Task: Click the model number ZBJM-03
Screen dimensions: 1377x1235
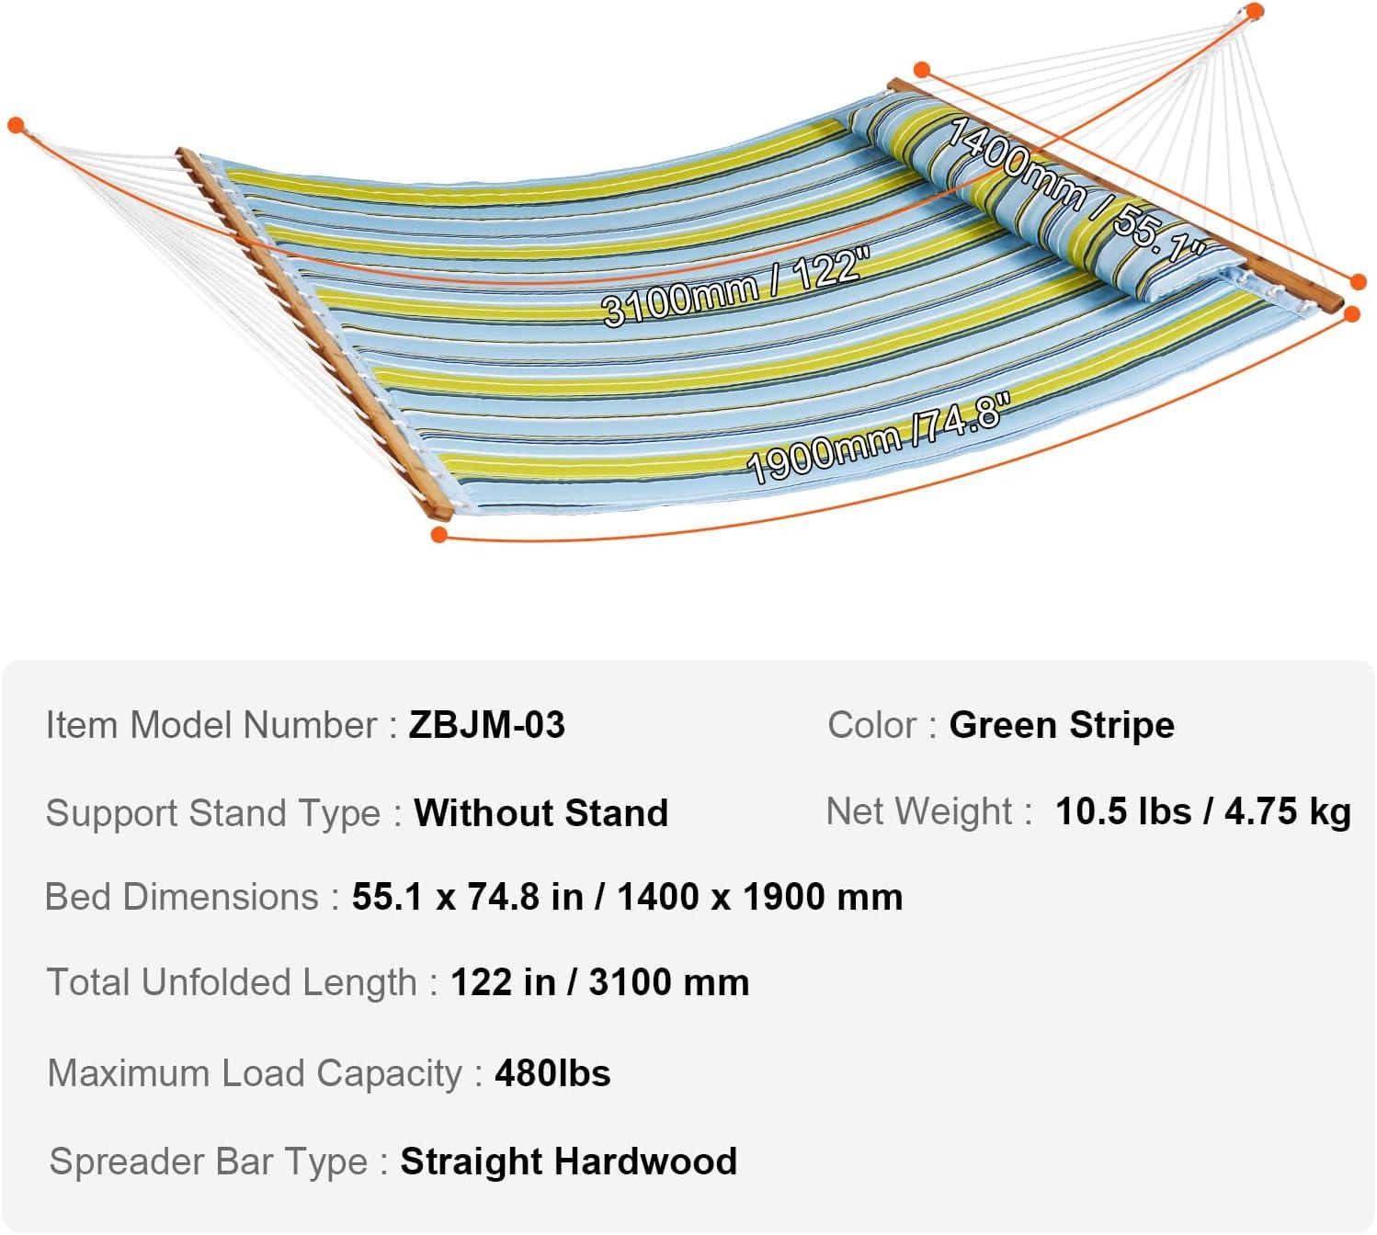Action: (x=486, y=725)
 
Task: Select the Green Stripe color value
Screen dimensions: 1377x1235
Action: (x=1062, y=725)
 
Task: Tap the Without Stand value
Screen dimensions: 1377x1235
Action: (x=541, y=812)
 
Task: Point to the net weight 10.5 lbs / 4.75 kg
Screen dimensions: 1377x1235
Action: (x=1203, y=811)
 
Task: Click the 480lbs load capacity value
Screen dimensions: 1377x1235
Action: (x=552, y=1073)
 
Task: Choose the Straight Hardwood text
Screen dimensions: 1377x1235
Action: (x=569, y=1161)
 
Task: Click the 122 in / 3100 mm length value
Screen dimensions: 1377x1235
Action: (x=600, y=982)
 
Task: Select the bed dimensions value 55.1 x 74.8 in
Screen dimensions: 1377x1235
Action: (x=468, y=897)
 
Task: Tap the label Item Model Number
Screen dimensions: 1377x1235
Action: (x=211, y=725)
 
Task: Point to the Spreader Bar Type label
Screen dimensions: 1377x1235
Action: (x=209, y=1161)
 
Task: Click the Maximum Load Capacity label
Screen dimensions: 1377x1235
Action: (x=255, y=1074)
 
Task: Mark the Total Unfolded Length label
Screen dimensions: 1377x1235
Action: (x=232, y=982)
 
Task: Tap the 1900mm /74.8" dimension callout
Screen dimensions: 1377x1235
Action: (x=878, y=437)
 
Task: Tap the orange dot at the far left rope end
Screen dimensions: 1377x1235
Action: (x=16, y=125)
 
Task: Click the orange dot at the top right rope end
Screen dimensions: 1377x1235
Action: (x=1255, y=10)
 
